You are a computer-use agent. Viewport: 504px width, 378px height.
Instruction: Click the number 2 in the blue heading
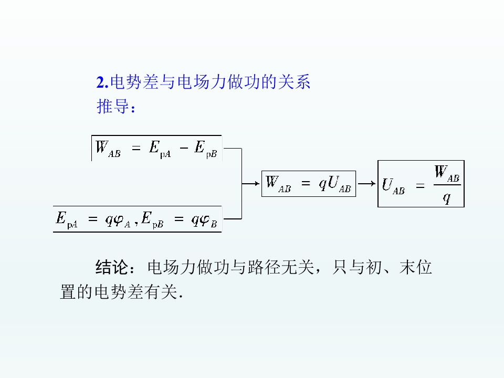coord(101,82)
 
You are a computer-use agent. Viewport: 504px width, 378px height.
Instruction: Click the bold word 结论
coord(111,267)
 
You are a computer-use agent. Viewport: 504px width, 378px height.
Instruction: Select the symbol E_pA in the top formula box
coord(160,149)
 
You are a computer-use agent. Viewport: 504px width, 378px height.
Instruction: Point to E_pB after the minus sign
coord(206,149)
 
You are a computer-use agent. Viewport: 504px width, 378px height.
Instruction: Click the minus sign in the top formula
coord(184,148)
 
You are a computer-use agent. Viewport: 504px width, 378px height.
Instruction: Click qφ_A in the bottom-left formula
coord(118,220)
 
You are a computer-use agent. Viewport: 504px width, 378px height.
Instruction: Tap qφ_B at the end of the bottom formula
coord(204,220)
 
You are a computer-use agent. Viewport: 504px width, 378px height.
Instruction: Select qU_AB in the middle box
coord(334,184)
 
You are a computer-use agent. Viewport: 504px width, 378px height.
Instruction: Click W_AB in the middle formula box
coord(278,184)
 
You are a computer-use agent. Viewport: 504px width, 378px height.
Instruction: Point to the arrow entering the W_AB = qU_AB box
coord(251,184)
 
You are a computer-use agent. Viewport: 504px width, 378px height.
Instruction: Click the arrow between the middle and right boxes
coord(367,184)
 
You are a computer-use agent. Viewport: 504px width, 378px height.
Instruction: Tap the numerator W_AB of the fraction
coord(447,174)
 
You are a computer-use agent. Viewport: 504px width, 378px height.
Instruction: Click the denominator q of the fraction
coord(447,198)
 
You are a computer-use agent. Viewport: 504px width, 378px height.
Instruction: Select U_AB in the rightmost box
coord(393,186)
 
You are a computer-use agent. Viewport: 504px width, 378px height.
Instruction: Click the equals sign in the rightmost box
coord(420,186)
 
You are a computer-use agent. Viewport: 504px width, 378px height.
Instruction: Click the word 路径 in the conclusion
coord(264,267)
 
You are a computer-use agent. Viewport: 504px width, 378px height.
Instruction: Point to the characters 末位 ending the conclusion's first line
coord(416,267)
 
